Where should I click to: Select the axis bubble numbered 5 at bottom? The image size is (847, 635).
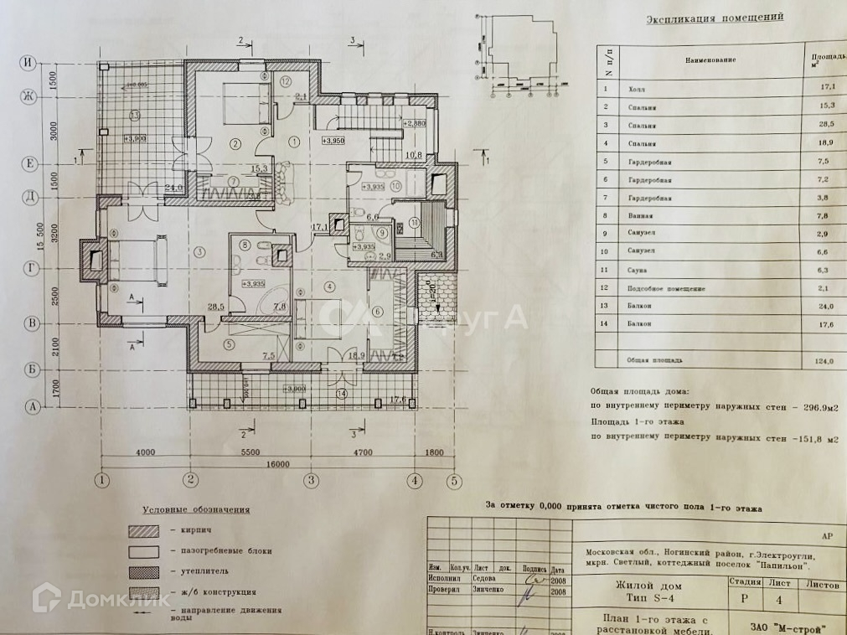453,481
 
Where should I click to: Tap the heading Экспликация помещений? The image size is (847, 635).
715,17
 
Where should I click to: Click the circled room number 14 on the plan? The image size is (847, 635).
340,392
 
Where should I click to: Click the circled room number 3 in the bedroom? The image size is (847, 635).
199,250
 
